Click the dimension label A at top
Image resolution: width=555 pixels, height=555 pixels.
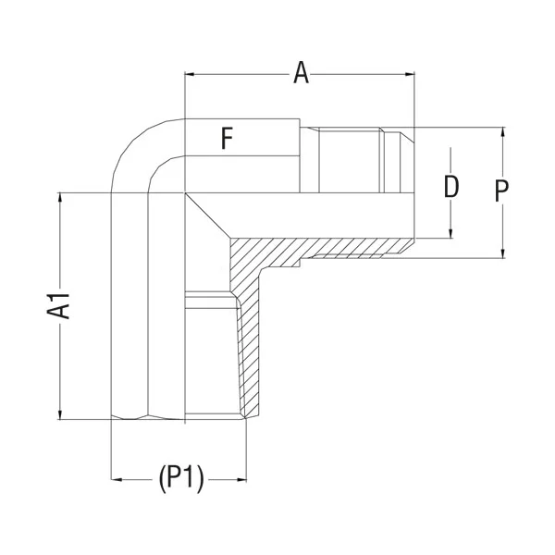point(301,73)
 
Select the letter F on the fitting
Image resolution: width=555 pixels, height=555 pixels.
point(227,140)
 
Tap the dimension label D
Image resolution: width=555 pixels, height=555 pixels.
point(450,188)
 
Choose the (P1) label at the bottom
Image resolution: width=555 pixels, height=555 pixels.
point(180,478)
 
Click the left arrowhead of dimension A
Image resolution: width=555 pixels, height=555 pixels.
point(190,73)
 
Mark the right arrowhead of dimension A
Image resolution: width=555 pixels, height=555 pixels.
point(410,73)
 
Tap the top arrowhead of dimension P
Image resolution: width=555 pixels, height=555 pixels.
point(502,131)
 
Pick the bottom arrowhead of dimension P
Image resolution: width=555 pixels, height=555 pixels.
point(502,253)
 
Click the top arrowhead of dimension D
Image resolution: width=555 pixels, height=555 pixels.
point(450,151)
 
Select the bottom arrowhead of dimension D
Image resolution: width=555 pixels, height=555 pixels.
point(450,233)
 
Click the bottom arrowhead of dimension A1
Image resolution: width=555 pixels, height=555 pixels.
point(60,414)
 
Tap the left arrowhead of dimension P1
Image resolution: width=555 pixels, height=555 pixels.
point(116,479)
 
